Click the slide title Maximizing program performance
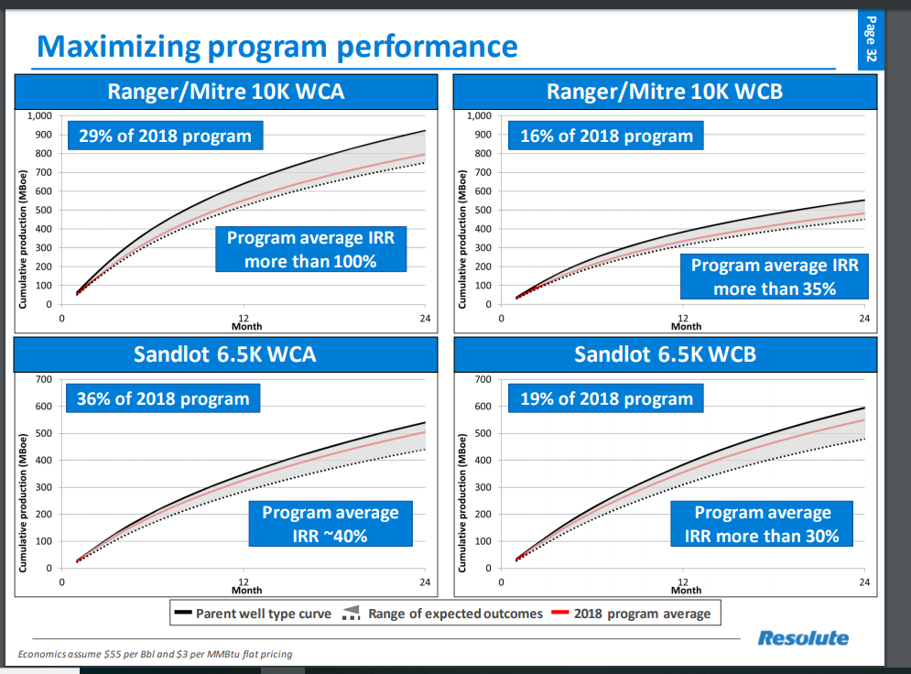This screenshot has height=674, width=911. pos(277,46)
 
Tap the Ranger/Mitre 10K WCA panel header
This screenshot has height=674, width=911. pos(225,92)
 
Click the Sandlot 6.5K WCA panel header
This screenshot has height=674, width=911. pos(225,353)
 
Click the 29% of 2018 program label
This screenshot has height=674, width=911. pos(164,136)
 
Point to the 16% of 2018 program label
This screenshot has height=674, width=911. pos(606,136)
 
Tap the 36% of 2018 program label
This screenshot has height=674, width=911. pos(162,398)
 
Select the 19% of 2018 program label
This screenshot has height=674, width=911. pos(606,398)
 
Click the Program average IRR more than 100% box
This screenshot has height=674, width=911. pos(310,249)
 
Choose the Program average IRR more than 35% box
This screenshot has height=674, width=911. pos(775,277)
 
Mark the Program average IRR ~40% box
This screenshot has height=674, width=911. pos(331,524)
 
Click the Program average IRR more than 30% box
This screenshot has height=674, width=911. pos(762,524)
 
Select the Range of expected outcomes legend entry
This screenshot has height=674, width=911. pos(443,614)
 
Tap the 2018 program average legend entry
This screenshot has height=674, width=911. pos(632,614)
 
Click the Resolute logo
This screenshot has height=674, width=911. pos(802,638)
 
